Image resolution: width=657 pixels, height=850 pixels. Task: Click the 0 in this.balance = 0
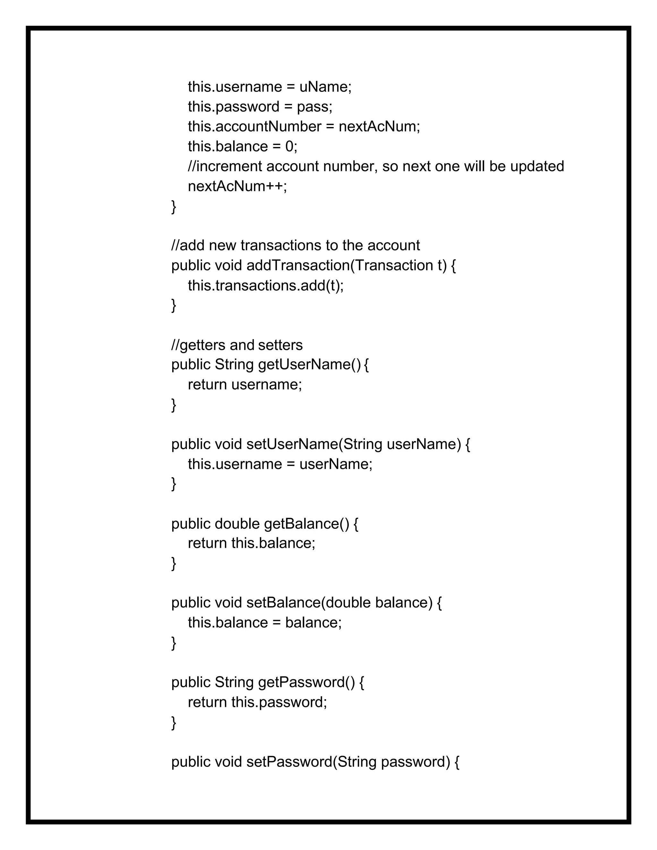289,146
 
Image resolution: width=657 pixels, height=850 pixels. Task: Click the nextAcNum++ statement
237,186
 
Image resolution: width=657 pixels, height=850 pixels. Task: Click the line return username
245,385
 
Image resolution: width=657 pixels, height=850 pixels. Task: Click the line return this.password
257,702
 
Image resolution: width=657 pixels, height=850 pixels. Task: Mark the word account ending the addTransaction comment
394,246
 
